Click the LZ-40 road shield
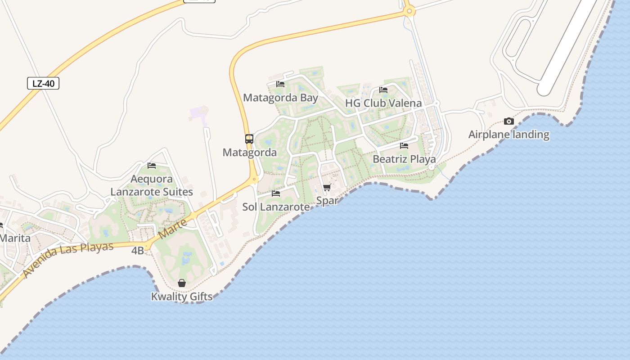click(x=43, y=83)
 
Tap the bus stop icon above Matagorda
click(x=249, y=139)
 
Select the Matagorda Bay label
click(x=280, y=98)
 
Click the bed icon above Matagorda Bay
click(x=280, y=84)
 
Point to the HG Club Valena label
click(x=383, y=103)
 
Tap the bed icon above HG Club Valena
click(x=383, y=90)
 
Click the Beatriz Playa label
click(x=404, y=159)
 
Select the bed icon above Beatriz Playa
click(x=404, y=146)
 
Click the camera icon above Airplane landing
click(x=509, y=121)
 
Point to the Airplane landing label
click(x=509, y=135)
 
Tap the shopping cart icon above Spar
click(x=327, y=187)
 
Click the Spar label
click(x=327, y=201)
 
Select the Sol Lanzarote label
click(x=276, y=207)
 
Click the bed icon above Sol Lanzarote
click(x=276, y=193)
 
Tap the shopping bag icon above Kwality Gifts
click(x=182, y=283)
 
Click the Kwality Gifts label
click(x=182, y=297)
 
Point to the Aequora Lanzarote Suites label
click(x=152, y=185)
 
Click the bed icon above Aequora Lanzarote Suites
click(x=152, y=166)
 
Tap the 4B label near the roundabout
click(x=138, y=251)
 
